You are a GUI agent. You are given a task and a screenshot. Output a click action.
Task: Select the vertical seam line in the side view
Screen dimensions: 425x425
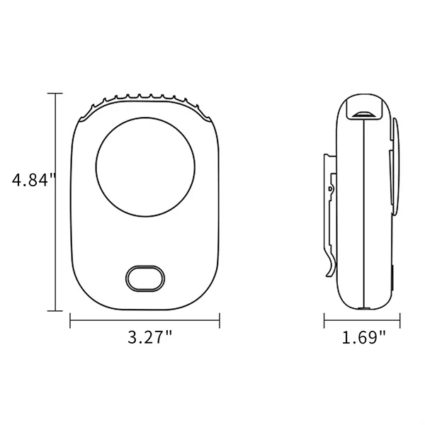[363, 212]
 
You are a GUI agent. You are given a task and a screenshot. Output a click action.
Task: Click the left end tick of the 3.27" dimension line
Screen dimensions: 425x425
[70, 322]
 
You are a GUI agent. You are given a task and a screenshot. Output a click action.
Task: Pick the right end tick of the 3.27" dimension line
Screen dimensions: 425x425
[219, 322]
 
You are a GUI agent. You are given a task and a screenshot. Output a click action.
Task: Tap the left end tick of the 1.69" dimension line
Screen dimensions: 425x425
[324, 322]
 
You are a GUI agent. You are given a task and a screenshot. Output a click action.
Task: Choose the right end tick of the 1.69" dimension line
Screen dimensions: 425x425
[402, 322]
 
